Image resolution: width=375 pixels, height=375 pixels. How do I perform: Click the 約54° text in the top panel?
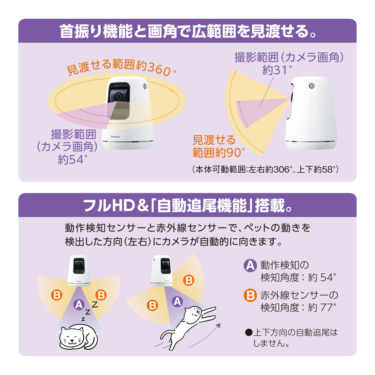72,159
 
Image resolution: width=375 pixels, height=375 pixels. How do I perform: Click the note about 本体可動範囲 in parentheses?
265,169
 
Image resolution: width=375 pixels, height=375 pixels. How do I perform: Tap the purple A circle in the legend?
250,266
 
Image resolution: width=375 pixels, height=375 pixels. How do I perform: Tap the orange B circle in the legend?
250,296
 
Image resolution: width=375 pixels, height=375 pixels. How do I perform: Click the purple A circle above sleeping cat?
78,305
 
